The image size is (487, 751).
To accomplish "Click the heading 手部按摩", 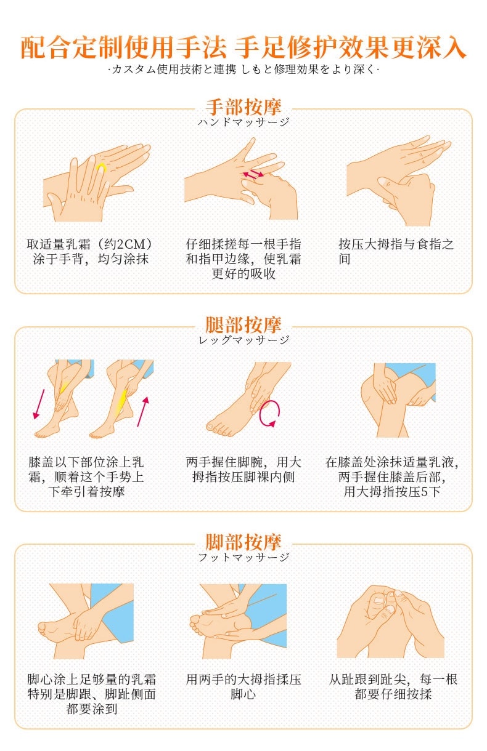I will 243,106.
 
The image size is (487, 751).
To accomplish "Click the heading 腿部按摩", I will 243,324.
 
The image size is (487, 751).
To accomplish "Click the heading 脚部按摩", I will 243,542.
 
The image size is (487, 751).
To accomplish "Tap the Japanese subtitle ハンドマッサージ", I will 243,122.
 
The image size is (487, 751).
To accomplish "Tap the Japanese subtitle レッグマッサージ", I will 243,340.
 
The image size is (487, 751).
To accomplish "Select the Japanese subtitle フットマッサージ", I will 243,557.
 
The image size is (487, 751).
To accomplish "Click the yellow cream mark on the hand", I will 101,167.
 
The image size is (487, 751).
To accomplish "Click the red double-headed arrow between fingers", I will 252,175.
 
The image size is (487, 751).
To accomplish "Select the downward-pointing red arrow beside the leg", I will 39,403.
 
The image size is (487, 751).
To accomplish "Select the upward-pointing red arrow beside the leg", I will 142,411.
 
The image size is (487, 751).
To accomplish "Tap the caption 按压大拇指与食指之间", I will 396,251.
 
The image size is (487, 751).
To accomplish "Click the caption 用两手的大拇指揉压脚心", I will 243,687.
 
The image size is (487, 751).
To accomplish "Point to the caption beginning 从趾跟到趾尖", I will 393,687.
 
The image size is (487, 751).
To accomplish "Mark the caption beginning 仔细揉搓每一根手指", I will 243,259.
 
